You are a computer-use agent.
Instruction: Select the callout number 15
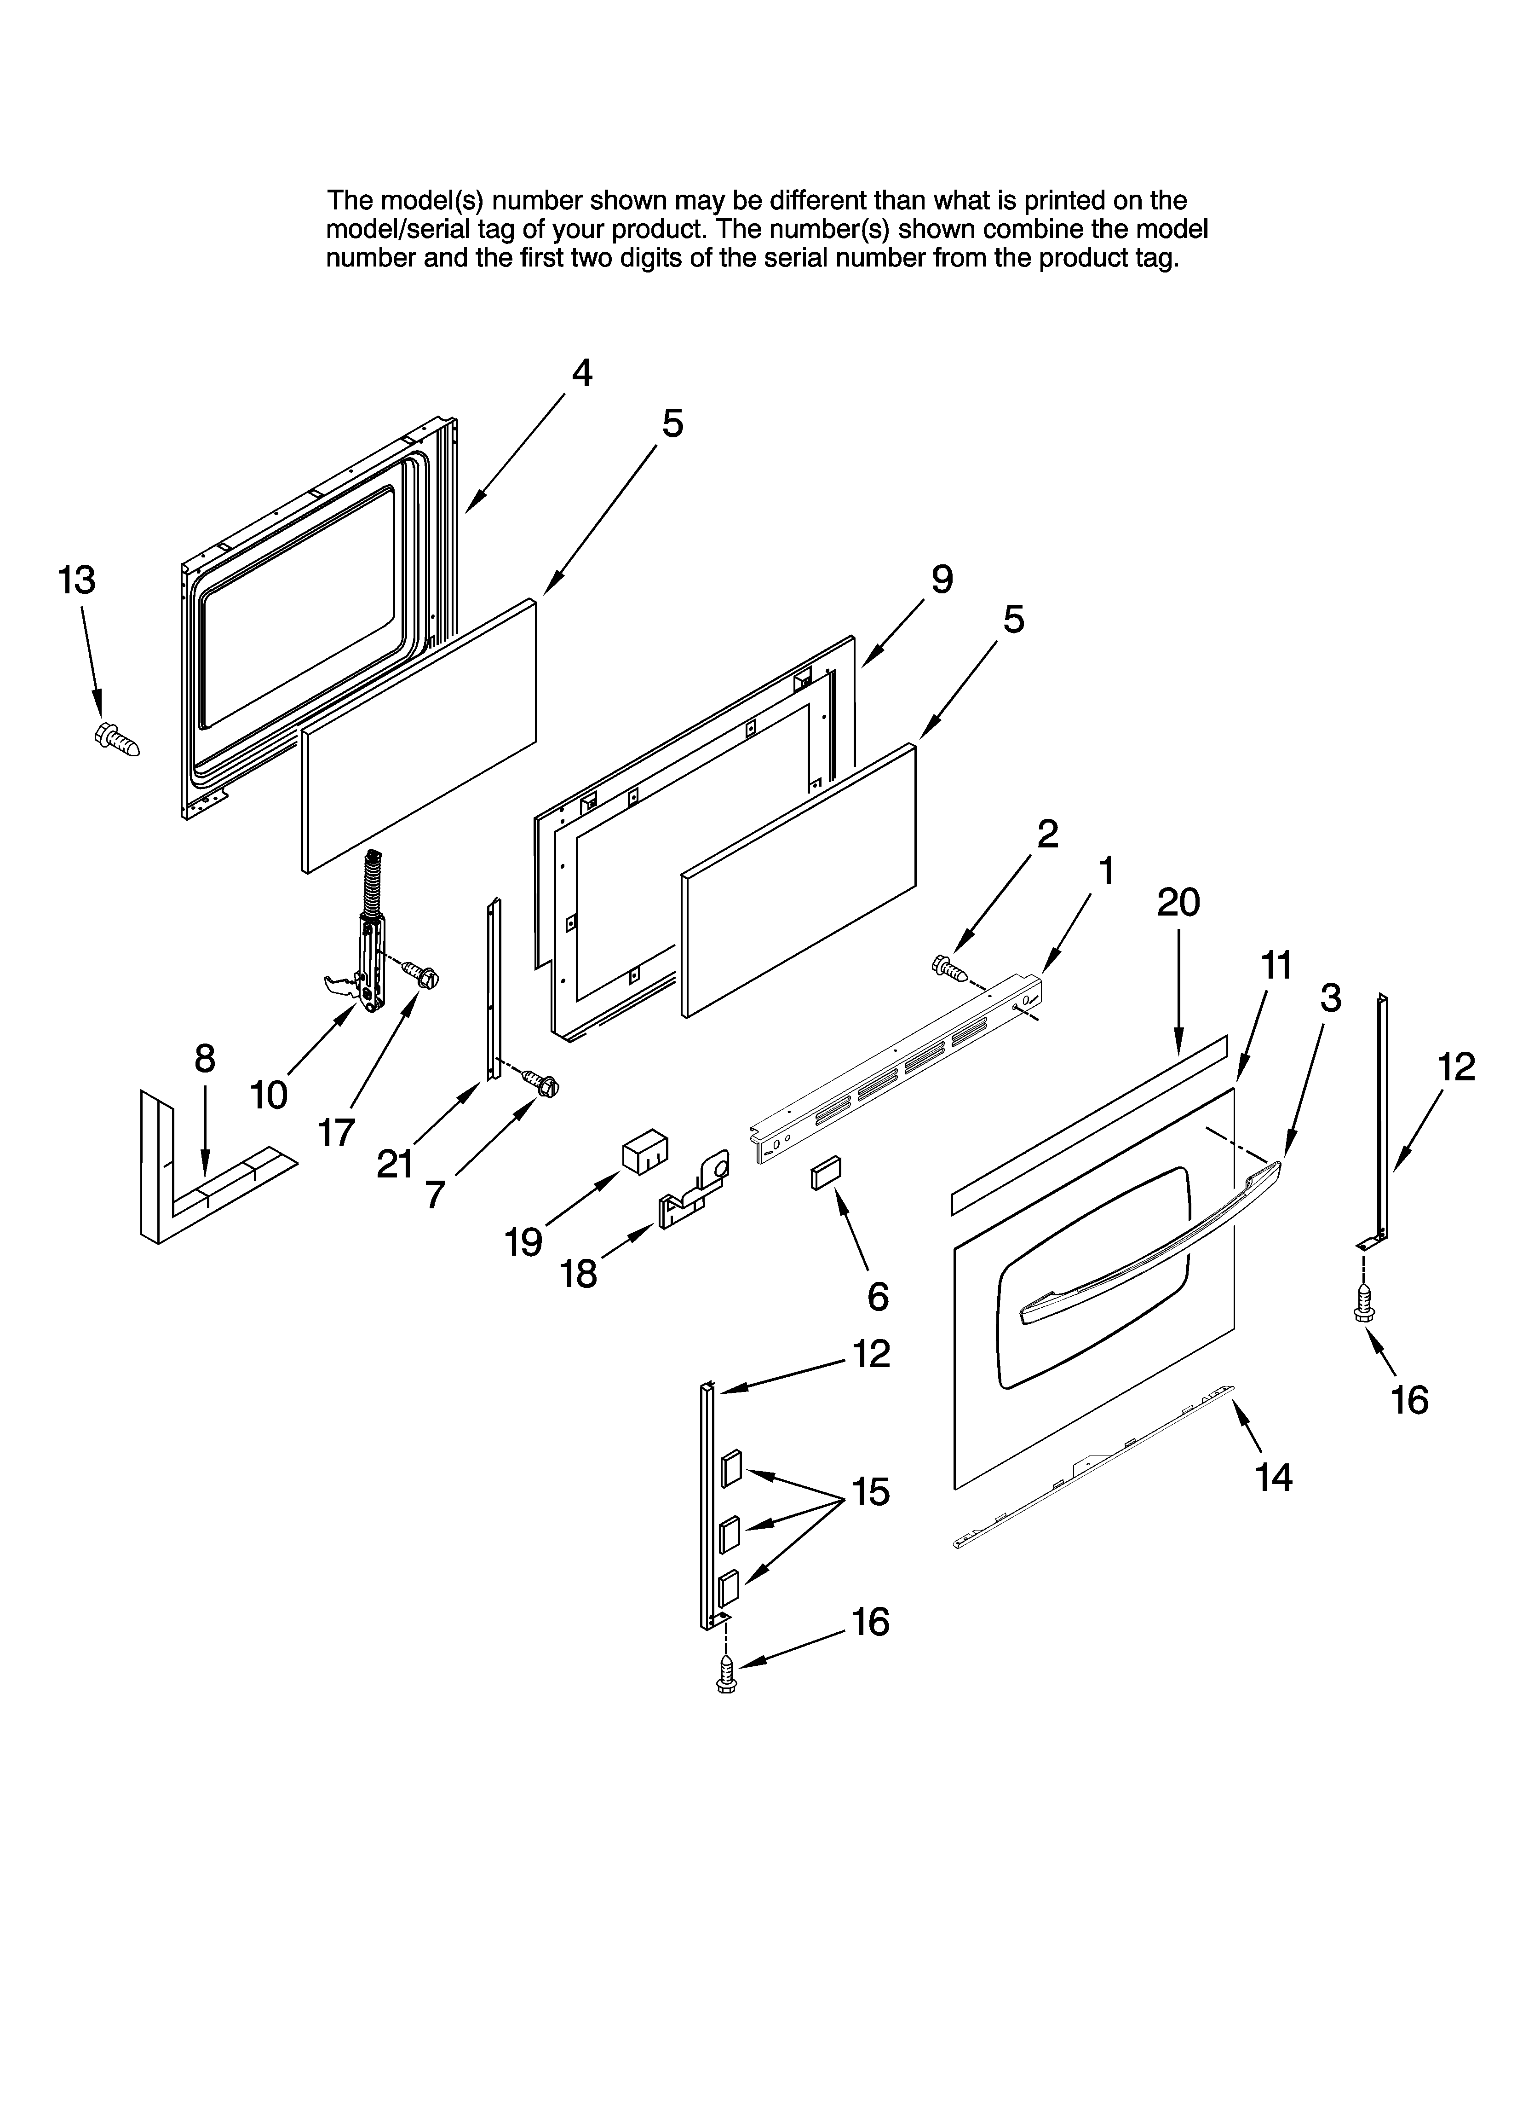[870, 1492]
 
